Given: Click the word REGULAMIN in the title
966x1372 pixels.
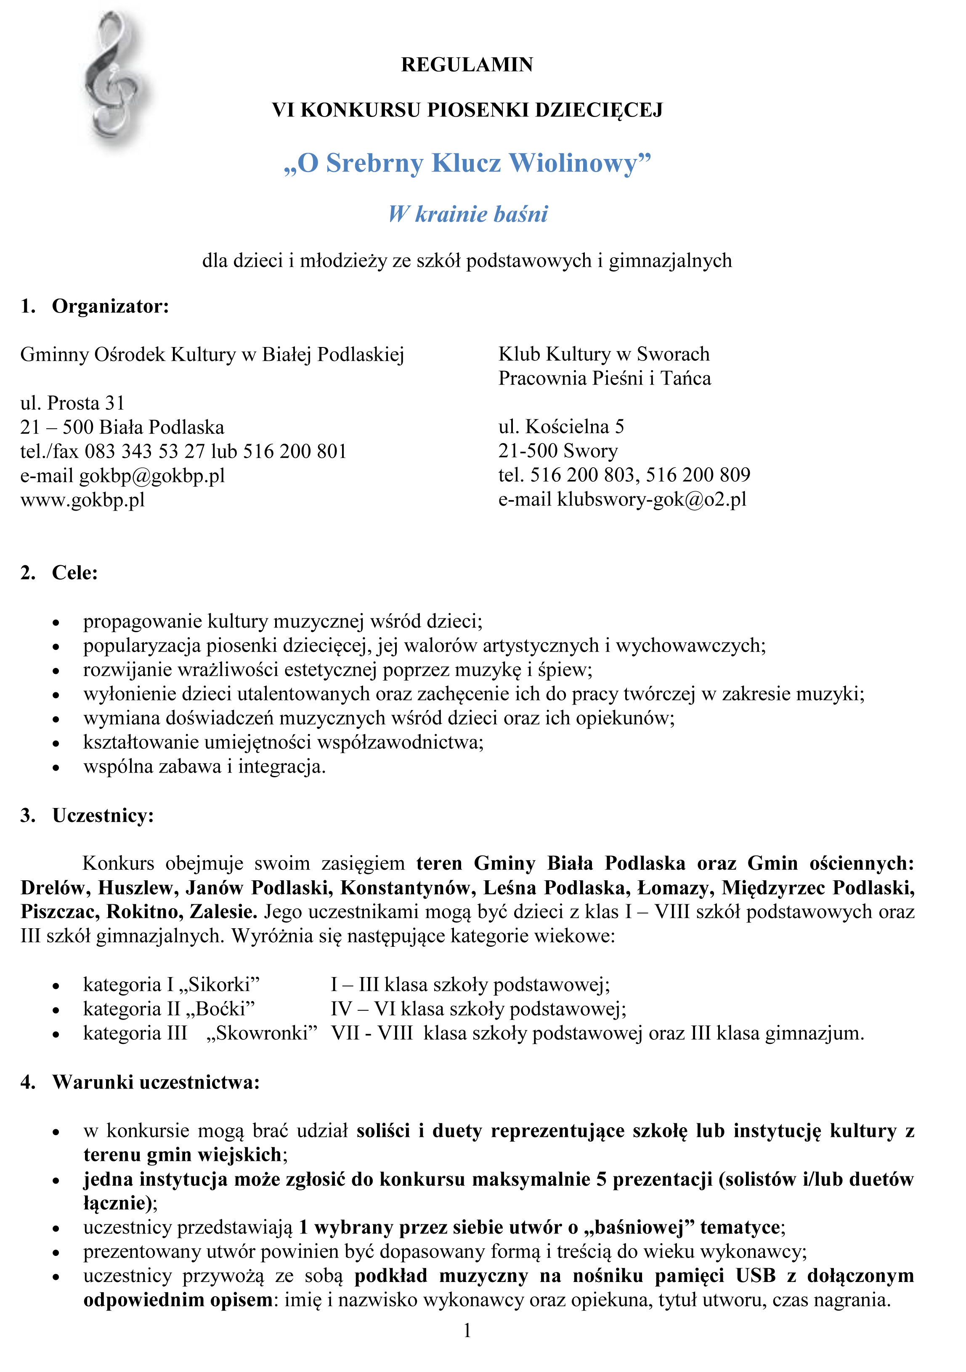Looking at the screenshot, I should (x=467, y=64).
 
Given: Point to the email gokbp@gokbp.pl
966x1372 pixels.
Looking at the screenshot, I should (x=152, y=476).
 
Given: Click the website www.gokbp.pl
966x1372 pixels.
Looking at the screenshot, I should (x=82, y=500).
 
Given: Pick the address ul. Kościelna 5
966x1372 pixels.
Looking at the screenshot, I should (x=561, y=426).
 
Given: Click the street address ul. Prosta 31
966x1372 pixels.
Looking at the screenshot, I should (x=72, y=403).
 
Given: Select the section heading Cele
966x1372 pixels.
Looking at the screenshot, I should (x=75, y=572).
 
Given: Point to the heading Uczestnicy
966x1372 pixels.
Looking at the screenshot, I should (x=103, y=816).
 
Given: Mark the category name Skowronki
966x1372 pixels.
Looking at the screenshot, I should (x=262, y=1033).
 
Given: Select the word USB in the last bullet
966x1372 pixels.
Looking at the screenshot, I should (x=756, y=1276).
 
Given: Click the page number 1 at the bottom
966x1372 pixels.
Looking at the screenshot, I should (x=467, y=1331).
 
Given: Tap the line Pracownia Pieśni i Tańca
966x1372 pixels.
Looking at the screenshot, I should (x=604, y=378).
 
